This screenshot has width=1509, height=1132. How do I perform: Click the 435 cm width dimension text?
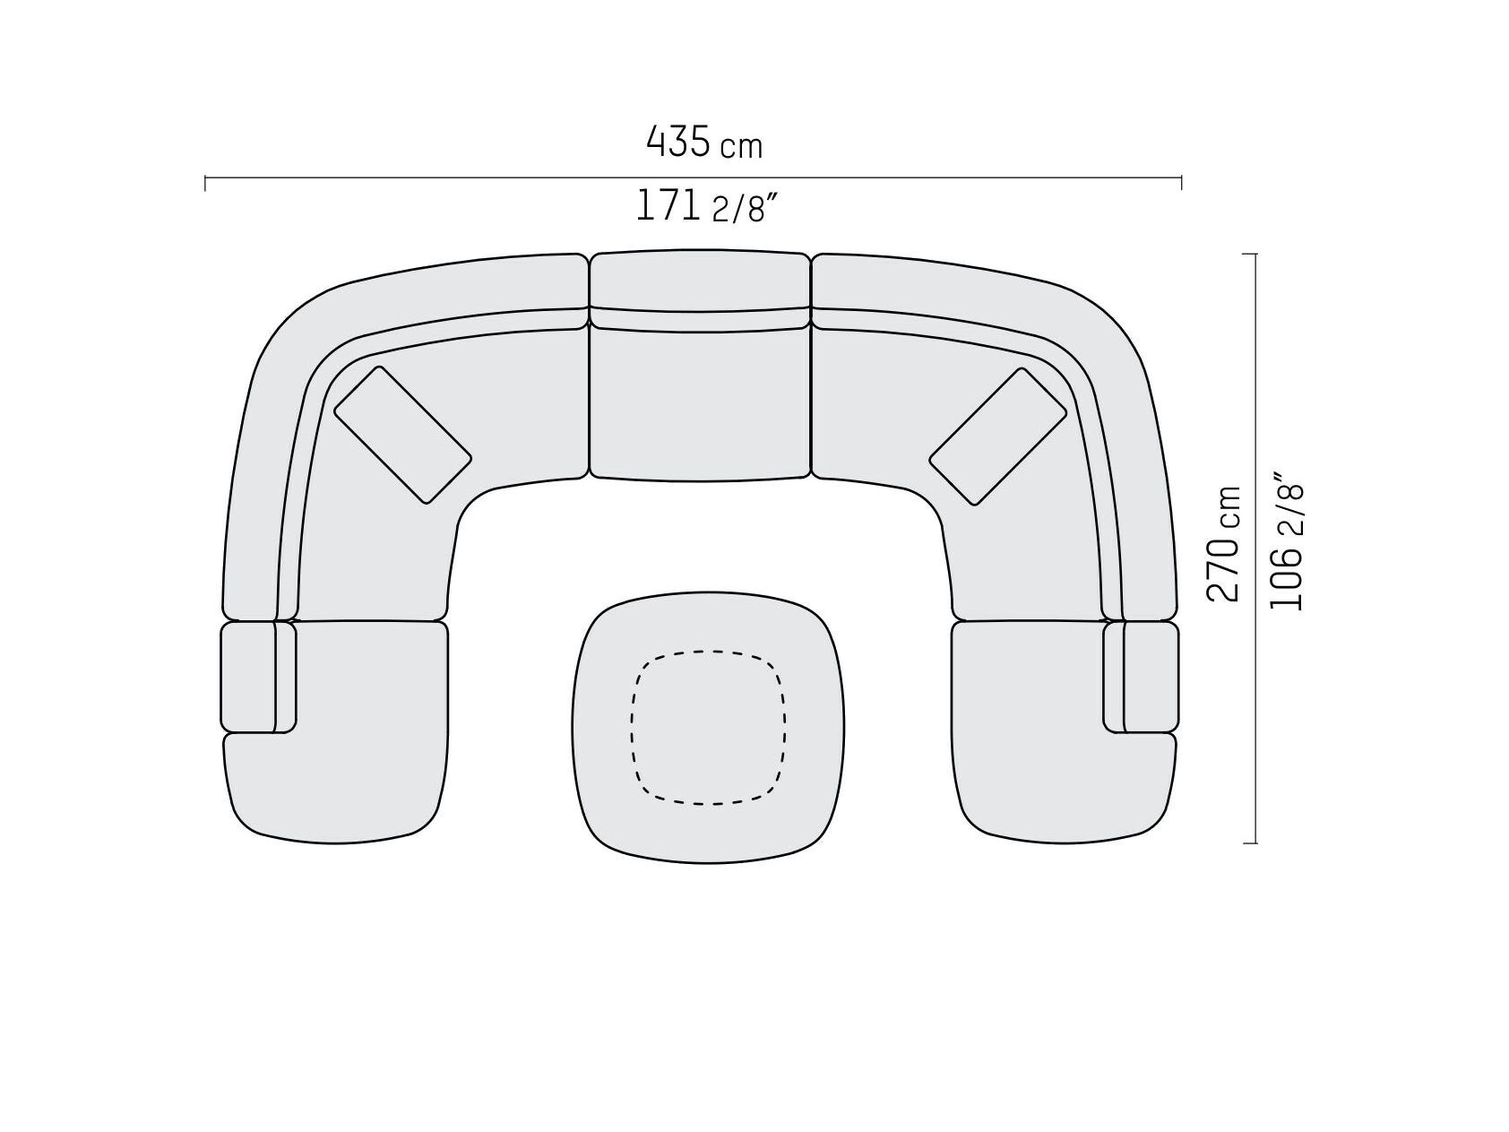(x=704, y=143)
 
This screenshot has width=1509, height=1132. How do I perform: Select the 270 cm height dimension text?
(x=1224, y=544)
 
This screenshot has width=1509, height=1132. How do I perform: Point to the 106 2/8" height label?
(x=1287, y=547)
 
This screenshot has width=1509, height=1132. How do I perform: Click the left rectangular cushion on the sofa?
(x=402, y=435)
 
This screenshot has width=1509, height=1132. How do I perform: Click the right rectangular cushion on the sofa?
(x=998, y=436)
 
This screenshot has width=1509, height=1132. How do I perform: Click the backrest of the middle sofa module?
(x=700, y=281)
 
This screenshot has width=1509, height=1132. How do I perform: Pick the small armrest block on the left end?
(x=248, y=677)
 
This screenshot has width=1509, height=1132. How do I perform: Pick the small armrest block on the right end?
(x=1151, y=677)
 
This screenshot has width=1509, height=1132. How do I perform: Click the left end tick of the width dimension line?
(x=206, y=183)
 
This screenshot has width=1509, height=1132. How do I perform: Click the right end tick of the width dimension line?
(x=1181, y=183)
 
